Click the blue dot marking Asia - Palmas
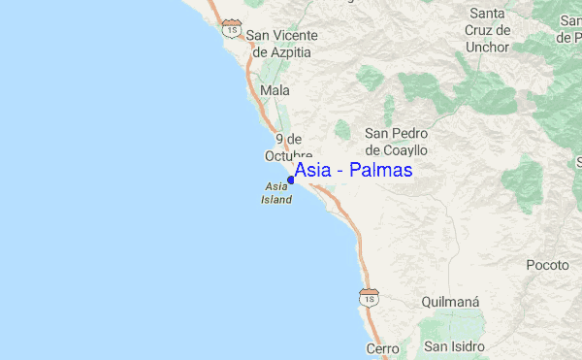coord(291,180)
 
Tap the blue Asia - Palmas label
coord(353,170)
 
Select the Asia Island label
coord(276,193)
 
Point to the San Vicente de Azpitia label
coord(281,44)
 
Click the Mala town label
coord(275,90)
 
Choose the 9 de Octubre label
coord(288,147)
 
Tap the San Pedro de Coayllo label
coord(396,142)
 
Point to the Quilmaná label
coord(451,302)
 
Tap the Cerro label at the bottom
coord(382,347)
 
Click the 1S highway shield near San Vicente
coord(231,27)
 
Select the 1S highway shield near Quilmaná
coord(369,296)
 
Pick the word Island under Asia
coord(276,200)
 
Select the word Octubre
coord(288,155)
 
